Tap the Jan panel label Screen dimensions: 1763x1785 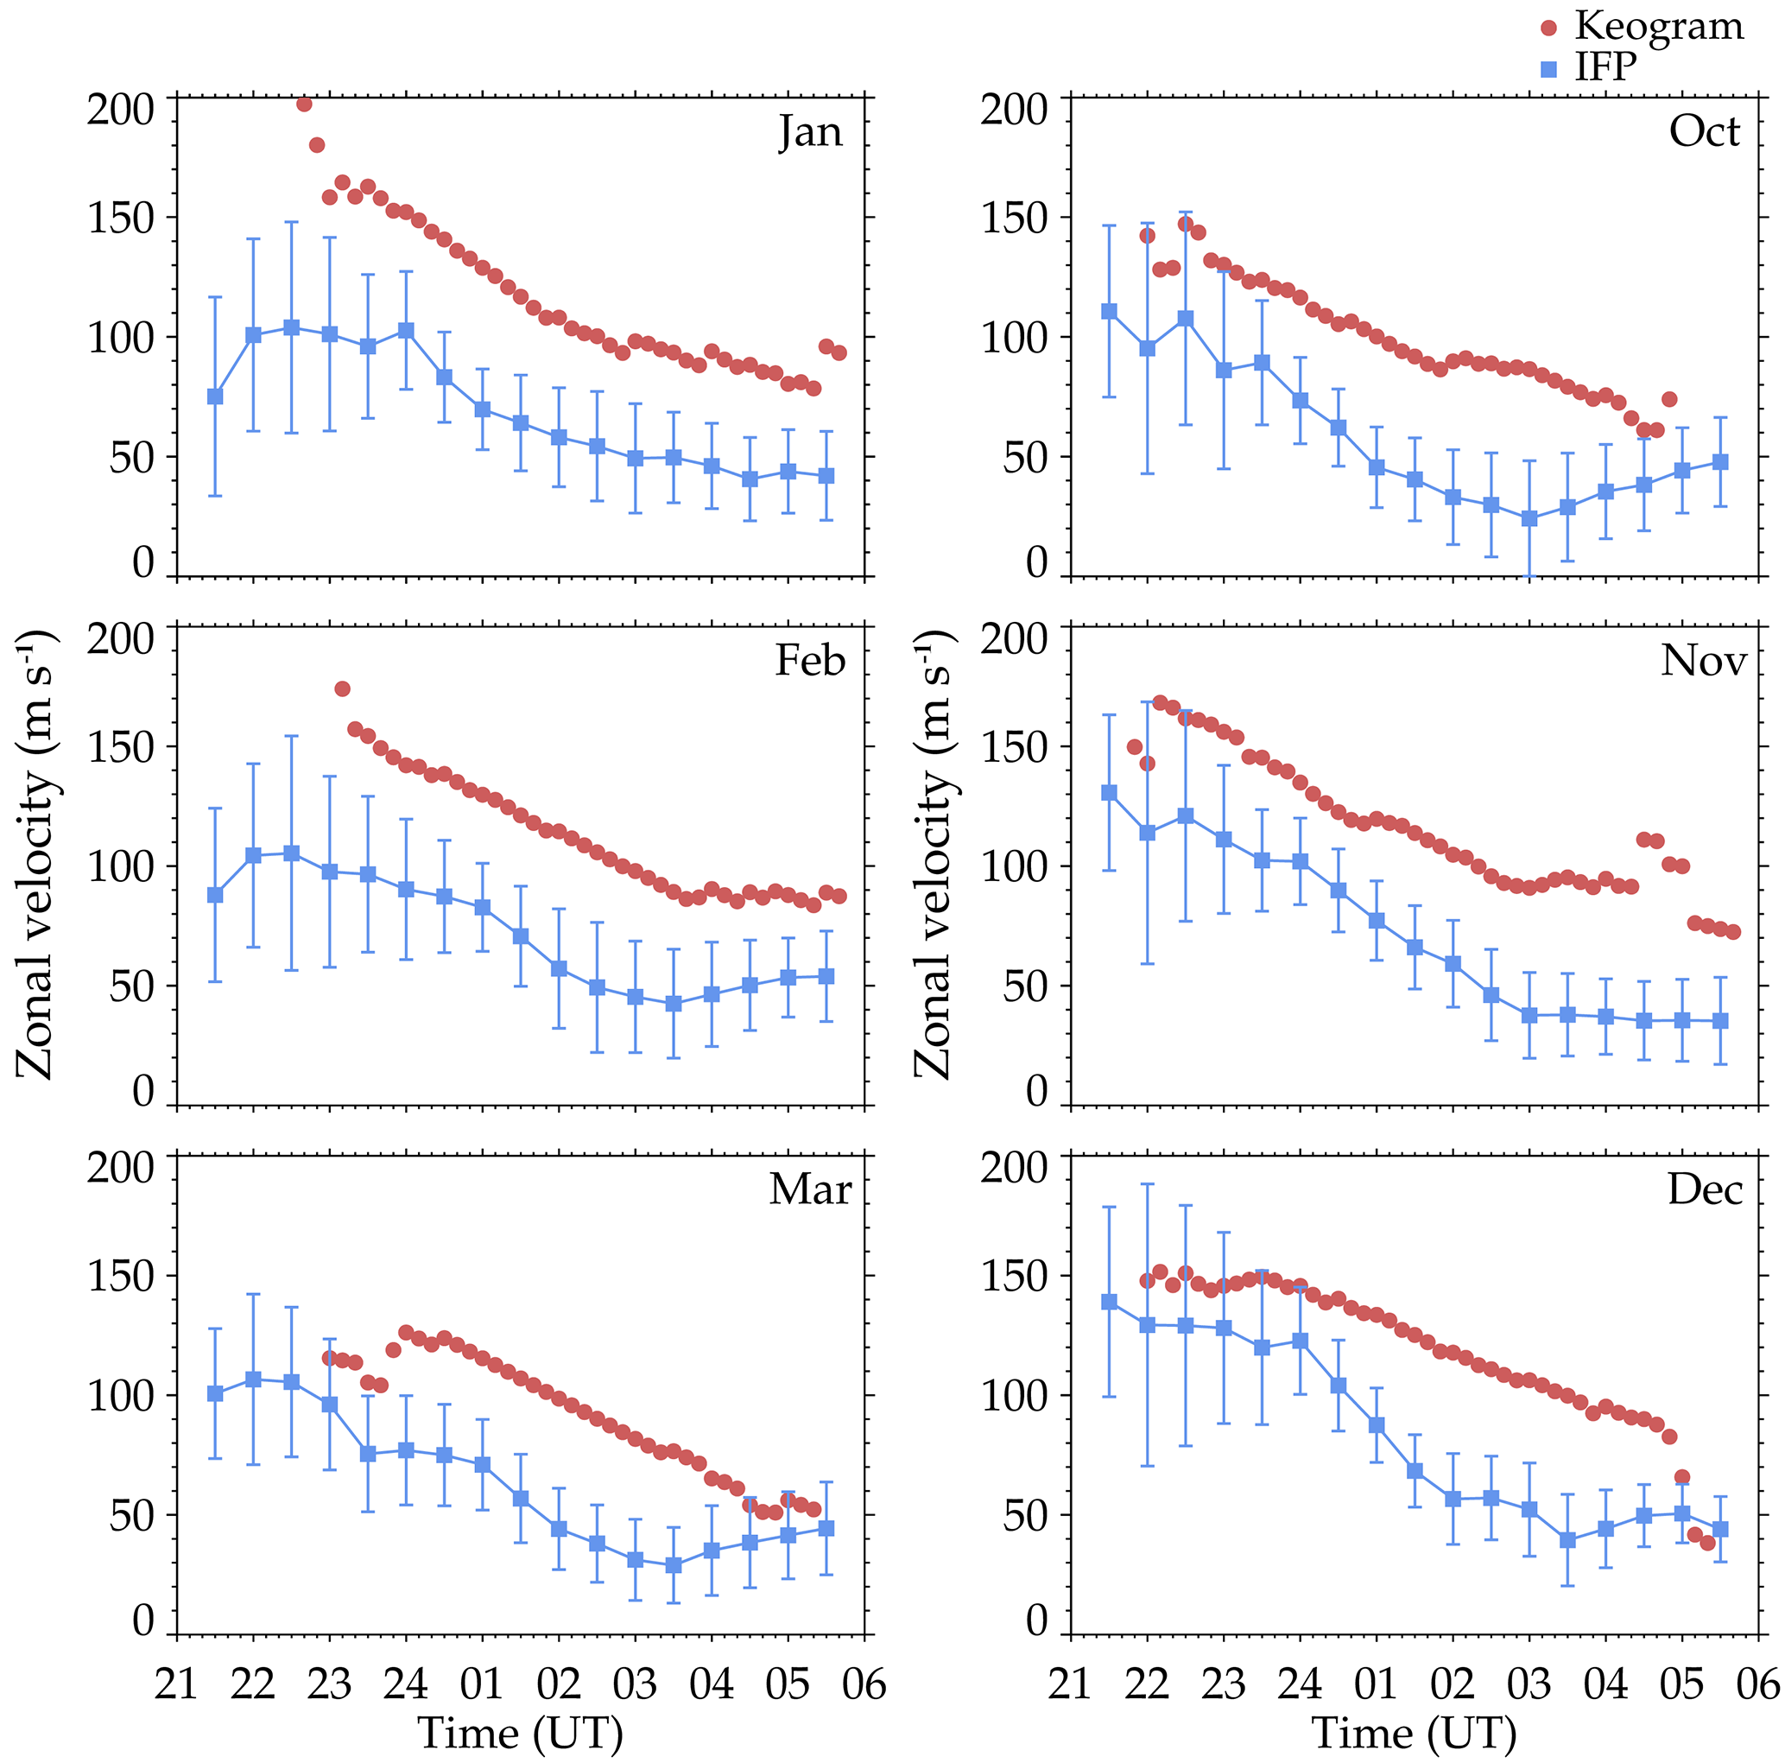810,131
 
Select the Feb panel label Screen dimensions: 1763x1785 810,661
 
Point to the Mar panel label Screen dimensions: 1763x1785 810,1189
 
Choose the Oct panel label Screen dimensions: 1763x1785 1704,131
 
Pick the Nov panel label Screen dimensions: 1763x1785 1704,661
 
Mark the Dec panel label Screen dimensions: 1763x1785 1705,1189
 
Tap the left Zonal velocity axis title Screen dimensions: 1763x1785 37,854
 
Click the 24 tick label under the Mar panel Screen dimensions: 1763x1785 406,1684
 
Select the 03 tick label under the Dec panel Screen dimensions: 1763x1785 1529,1684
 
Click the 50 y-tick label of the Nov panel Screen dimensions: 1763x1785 1026,986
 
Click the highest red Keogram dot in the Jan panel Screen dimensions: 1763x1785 304,105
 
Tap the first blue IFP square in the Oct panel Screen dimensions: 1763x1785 1110,311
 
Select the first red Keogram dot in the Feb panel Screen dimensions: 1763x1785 342,688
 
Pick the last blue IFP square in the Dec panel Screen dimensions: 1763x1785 1720,1529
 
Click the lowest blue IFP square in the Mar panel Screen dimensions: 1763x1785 674,1565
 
